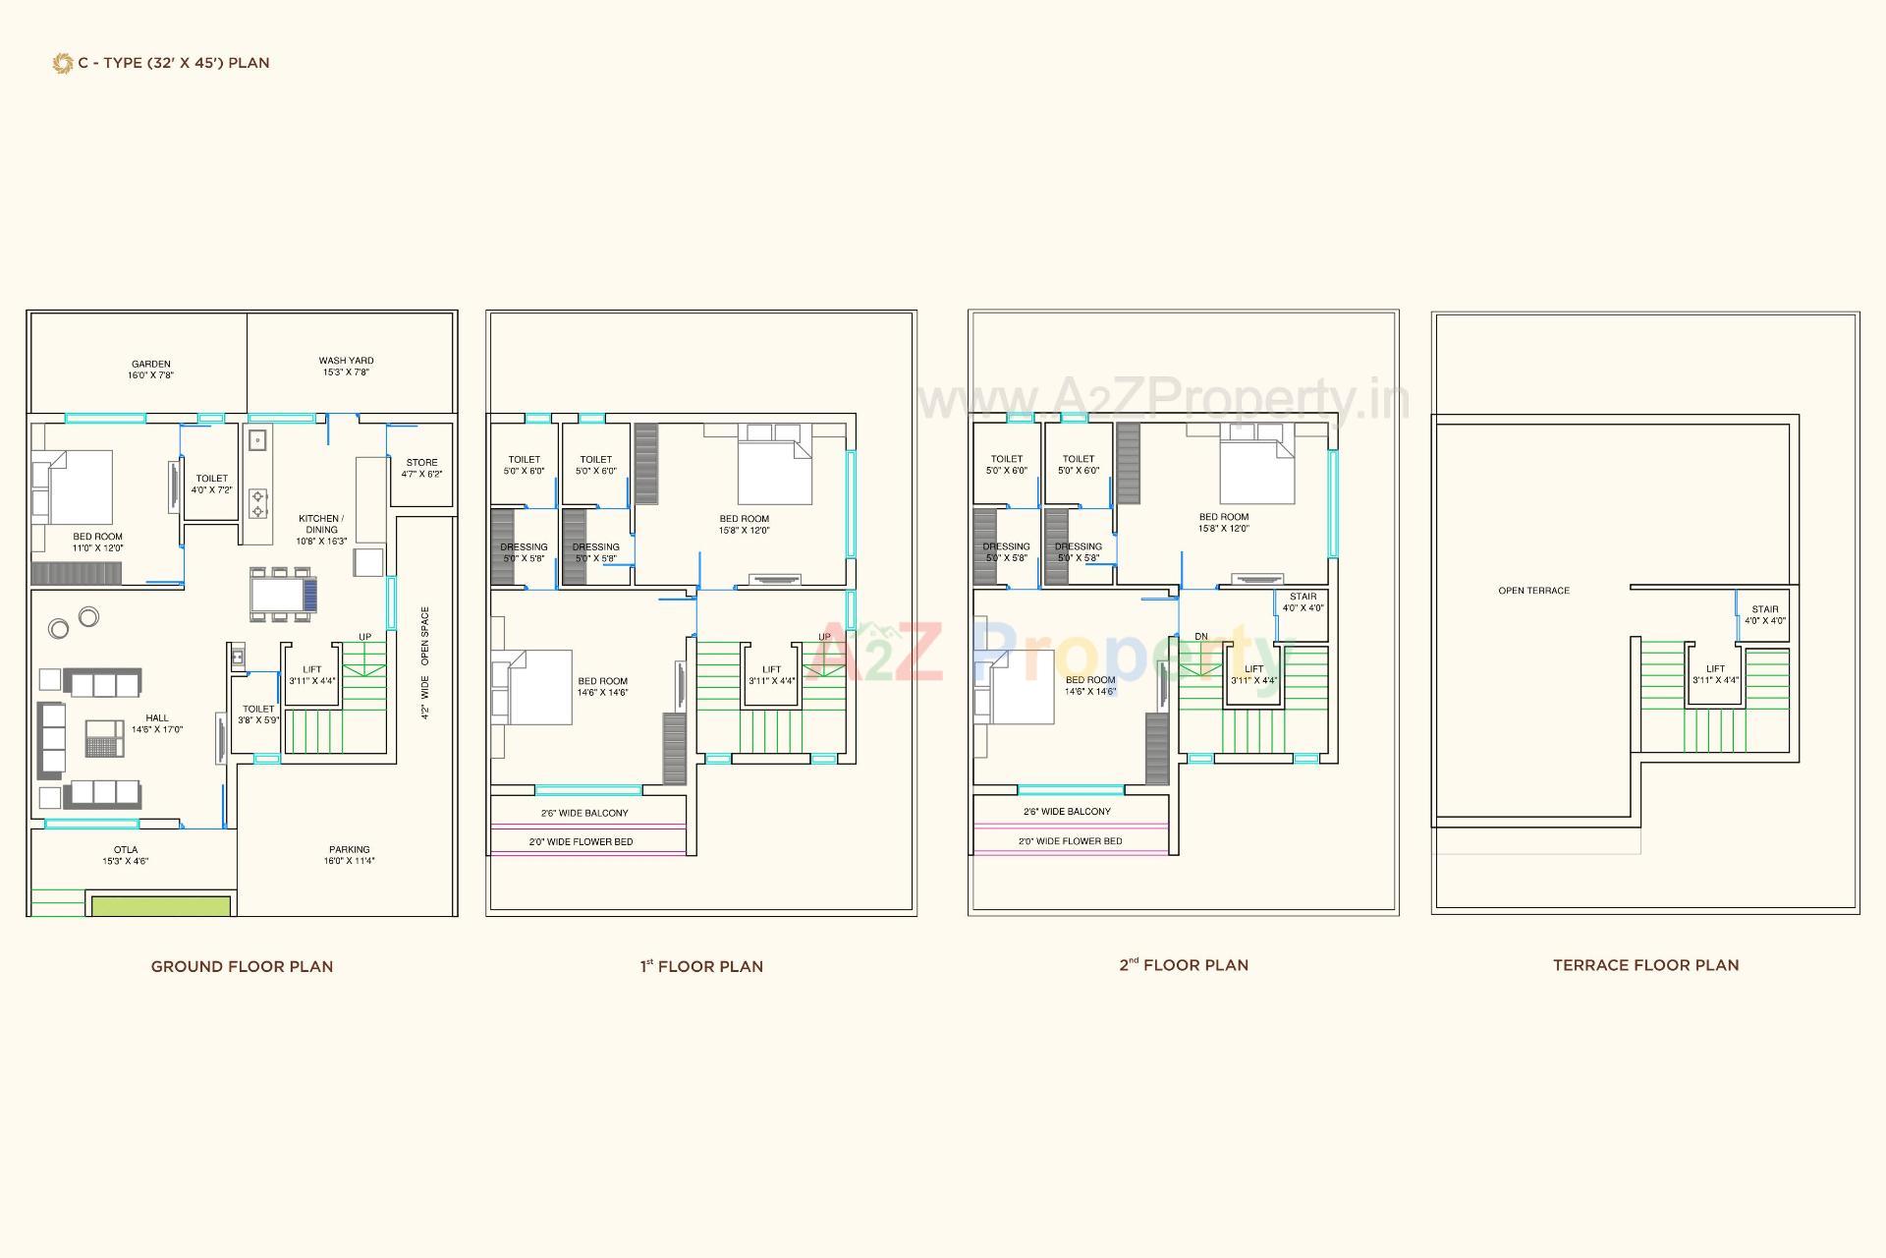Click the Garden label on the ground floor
coord(150,365)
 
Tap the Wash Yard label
coord(346,361)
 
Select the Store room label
coord(421,463)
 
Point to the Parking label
coord(349,850)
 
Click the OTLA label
coord(126,850)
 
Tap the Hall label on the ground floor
coord(157,718)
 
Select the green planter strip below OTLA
coord(161,905)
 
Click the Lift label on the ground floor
coord(311,669)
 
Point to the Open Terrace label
coord(1533,591)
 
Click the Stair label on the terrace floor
coord(1764,609)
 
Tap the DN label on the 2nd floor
coord(1200,637)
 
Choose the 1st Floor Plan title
coord(701,966)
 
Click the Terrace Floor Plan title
coord(1645,965)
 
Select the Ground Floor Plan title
coord(242,966)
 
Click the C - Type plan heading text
coord(174,63)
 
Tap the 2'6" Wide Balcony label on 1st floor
coord(584,813)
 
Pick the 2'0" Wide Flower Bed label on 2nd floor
coord(1070,841)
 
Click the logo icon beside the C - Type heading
coord(62,64)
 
